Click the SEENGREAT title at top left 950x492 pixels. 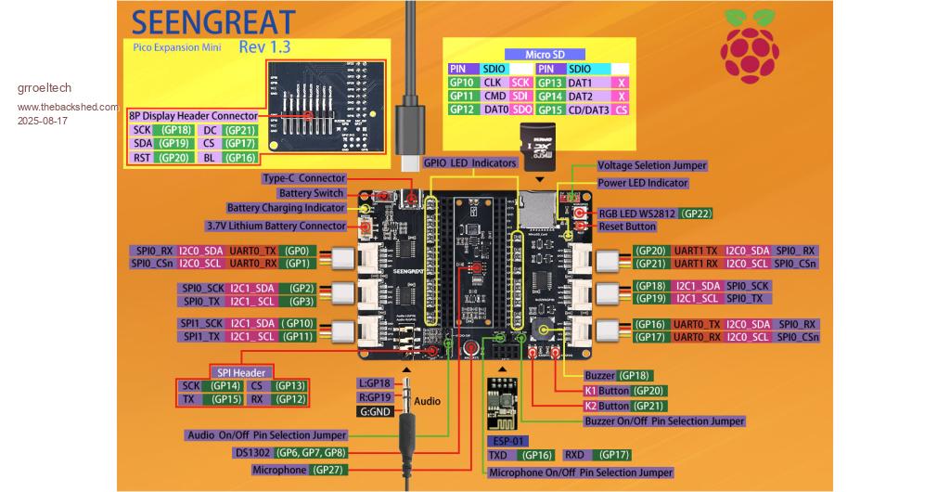[213, 22]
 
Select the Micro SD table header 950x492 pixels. [539, 55]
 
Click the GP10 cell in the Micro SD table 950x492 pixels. [462, 83]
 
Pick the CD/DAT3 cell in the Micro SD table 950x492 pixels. [589, 110]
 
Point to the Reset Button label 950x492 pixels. [627, 227]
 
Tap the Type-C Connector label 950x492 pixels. [303, 178]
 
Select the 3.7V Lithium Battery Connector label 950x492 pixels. [276, 226]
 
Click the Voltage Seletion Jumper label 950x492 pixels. [651, 165]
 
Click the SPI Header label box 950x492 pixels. [241, 371]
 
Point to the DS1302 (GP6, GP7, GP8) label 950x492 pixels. [290, 452]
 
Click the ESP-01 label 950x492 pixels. [507, 440]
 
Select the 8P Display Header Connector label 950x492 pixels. [193, 115]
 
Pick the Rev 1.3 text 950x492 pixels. [264, 46]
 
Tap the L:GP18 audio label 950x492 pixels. [376, 382]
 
